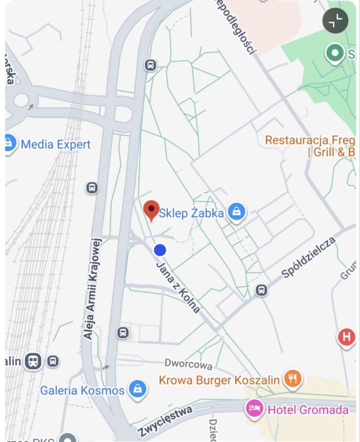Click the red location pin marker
(151, 210)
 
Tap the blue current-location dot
(160, 250)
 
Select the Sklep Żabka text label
(191, 213)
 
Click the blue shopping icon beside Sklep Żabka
(236, 212)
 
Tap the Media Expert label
(56, 145)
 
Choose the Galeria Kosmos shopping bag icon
(137, 390)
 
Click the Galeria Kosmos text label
(82, 390)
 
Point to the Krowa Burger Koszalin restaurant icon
(292, 379)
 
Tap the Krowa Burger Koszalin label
(219, 380)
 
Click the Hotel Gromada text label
(308, 409)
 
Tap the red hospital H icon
(346, 337)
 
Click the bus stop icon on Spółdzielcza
(261, 290)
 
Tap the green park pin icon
(335, 53)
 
